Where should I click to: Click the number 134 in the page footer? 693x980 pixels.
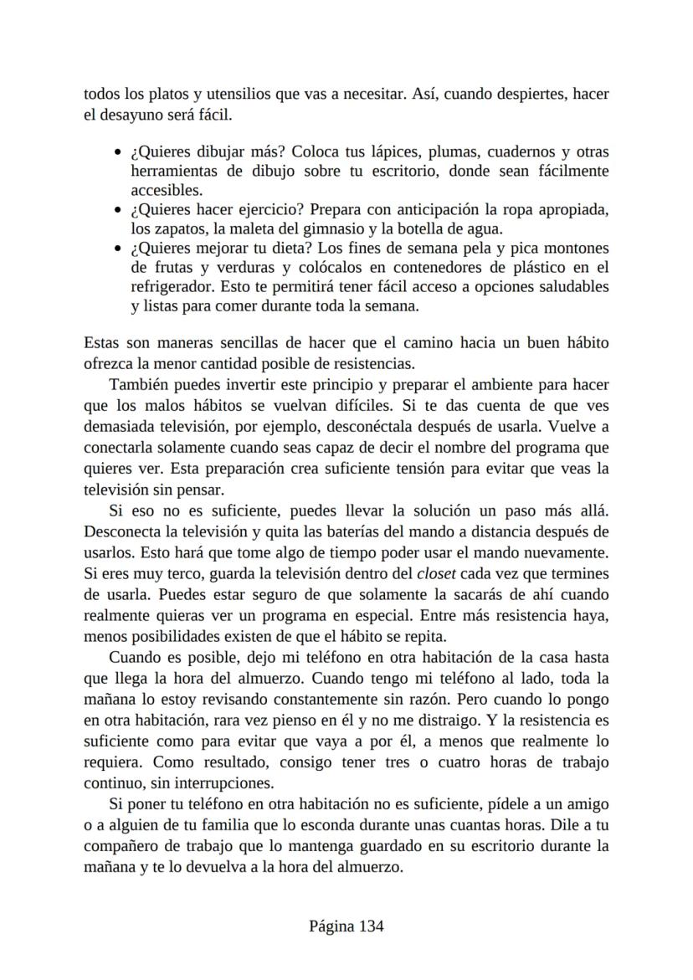tap(371, 926)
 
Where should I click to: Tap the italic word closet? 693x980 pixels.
tap(438, 574)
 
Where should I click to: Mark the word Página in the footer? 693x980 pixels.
tap(332, 926)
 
